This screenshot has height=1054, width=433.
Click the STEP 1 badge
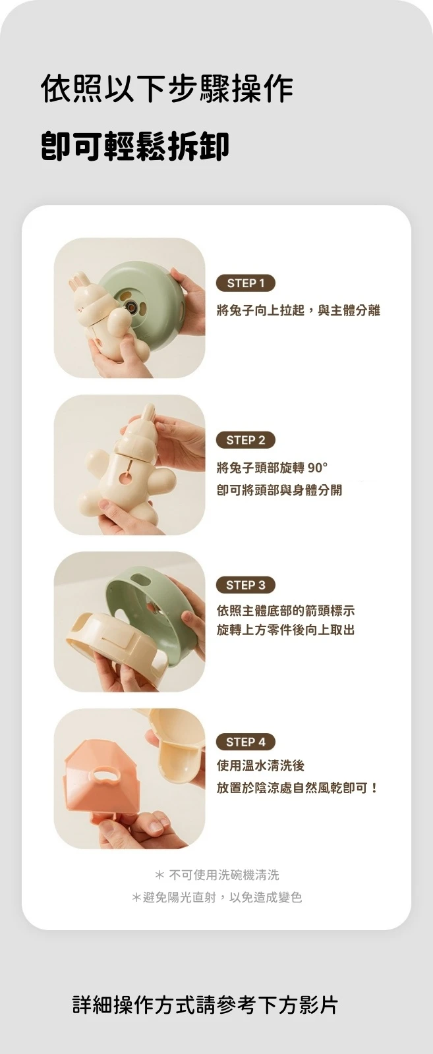(x=245, y=283)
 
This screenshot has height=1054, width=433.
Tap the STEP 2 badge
(x=245, y=440)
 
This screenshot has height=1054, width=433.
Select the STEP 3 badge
(x=245, y=585)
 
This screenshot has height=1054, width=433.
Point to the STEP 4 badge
(x=245, y=742)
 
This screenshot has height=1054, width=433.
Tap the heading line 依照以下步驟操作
(x=167, y=88)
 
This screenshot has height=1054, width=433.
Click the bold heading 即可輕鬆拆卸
(x=135, y=146)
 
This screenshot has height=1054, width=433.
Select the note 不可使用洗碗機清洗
(x=223, y=875)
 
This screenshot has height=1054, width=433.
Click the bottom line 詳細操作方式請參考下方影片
(x=205, y=1005)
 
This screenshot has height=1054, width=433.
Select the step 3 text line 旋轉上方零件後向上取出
(x=285, y=630)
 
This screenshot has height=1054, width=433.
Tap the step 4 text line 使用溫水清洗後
(x=260, y=766)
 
